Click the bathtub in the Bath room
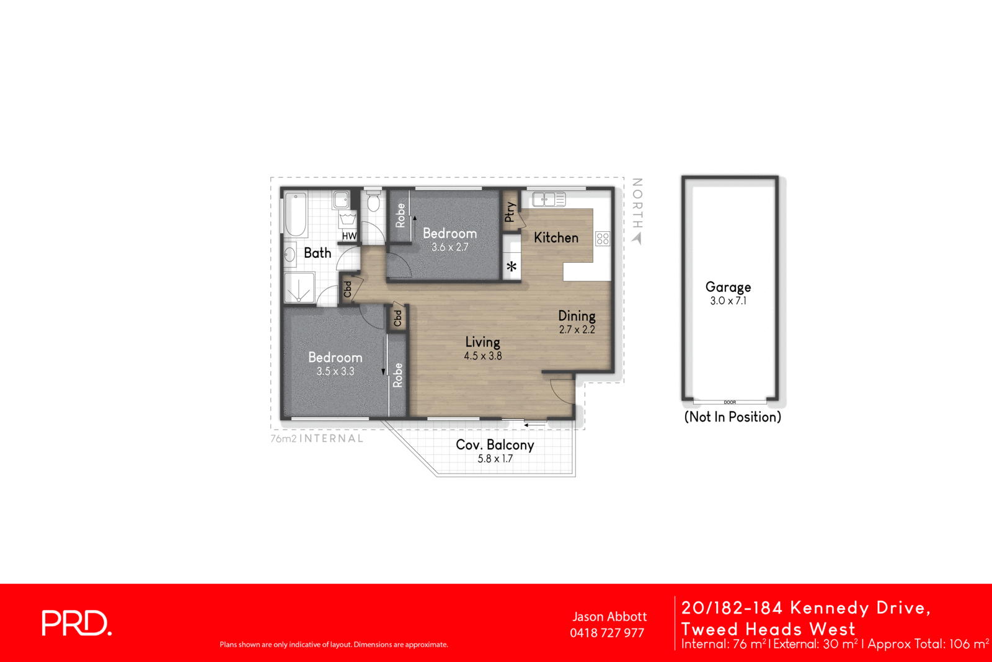(296, 214)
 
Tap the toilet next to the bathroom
(373, 202)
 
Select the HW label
(349, 236)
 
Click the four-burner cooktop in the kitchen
(603, 239)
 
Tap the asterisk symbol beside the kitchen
(511, 267)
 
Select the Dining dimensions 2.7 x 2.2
(577, 330)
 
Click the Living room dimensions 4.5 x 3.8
(482, 356)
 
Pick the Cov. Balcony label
(495, 444)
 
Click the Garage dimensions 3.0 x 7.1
(728, 301)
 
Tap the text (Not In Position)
(732, 417)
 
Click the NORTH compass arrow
(637, 238)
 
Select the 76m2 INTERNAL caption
(317, 438)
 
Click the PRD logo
(76, 623)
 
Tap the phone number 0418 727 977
(607, 633)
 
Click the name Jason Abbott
(609, 617)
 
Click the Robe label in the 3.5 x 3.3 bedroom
(397, 376)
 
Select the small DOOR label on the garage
(730, 402)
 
